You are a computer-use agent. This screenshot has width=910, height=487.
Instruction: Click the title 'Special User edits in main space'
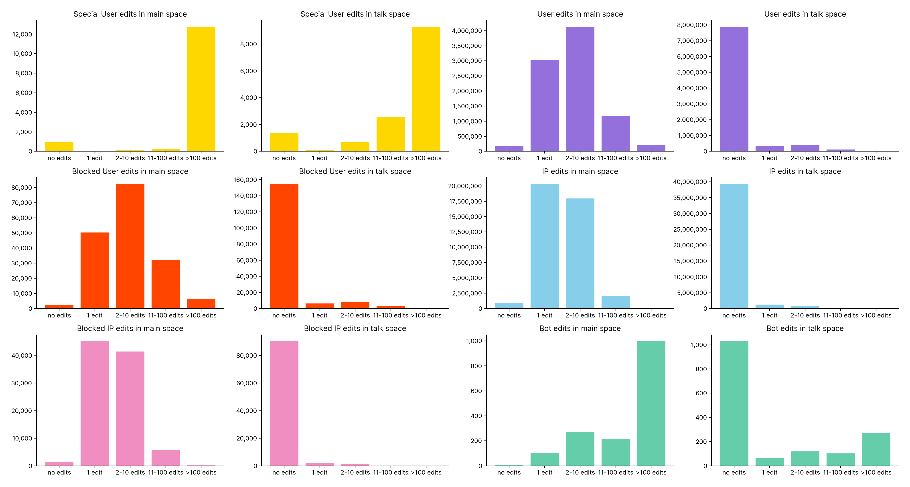pyautogui.click(x=130, y=14)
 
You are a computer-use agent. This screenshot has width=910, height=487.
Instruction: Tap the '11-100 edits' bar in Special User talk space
pyautogui.click(x=390, y=134)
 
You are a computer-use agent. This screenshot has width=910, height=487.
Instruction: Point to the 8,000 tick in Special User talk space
pyautogui.click(x=249, y=44)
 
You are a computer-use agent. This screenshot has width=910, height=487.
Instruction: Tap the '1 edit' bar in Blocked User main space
pyautogui.click(x=95, y=270)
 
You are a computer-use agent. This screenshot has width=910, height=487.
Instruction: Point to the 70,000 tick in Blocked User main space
pyautogui.click(x=22, y=203)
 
